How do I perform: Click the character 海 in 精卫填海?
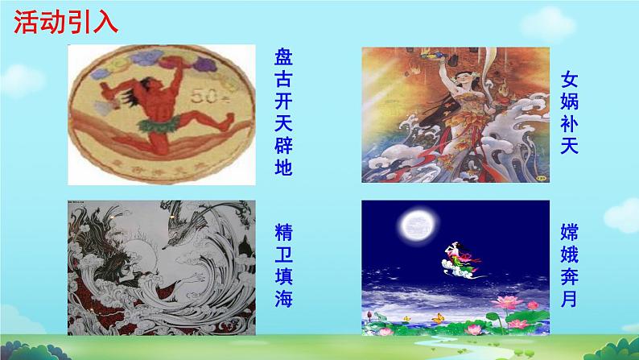283,300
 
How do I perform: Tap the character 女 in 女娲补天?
570,80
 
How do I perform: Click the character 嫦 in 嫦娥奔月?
570,233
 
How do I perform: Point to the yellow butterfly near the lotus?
439,317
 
